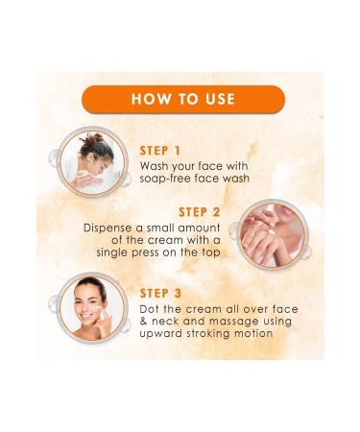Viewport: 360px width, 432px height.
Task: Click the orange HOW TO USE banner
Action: click(x=180, y=99)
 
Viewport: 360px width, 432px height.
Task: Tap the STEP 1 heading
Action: click(x=160, y=150)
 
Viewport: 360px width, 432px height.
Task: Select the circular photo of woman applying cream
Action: click(x=91, y=306)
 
